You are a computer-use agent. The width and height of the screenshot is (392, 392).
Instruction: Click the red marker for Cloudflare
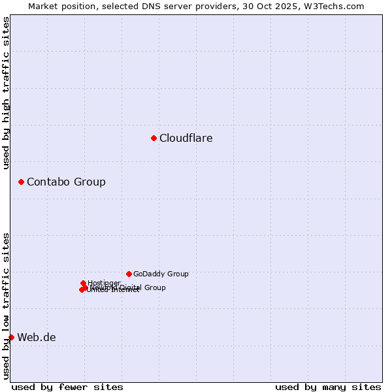pyautogui.click(x=154, y=138)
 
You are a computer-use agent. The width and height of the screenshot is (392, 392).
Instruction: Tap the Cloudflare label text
pyautogui.click(x=186, y=139)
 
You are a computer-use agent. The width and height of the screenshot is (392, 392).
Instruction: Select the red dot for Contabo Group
pyautogui.click(x=21, y=182)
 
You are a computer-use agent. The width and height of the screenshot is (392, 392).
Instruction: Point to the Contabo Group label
pyautogui.click(x=66, y=182)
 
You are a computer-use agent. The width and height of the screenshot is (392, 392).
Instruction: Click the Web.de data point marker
pyautogui.click(x=11, y=337)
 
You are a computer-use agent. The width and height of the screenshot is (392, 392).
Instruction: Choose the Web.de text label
pyautogui.click(x=37, y=338)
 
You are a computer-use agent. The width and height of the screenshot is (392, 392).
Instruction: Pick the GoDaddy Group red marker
pyautogui.click(x=129, y=274)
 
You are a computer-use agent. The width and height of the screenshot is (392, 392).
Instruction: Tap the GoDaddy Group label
pyautogui.click(x=161, y=274)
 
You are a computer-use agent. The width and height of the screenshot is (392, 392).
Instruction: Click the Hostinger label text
pyautogui.click(x=105, y=283)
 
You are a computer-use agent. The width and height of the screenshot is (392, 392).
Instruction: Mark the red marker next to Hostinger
pyautogui.click(x=83, y=283)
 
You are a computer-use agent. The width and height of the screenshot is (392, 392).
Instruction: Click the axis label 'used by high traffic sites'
pyautogui.click(x=7, y=93)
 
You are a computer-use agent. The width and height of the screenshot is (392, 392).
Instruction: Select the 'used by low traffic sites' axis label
pyautogui.click(x=7, y=306)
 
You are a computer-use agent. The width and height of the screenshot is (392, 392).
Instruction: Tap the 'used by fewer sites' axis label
pyautogui.click(x=67, y=387)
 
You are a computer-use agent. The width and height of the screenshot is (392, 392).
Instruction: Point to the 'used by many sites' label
pyautogui.click(x=328, y=387)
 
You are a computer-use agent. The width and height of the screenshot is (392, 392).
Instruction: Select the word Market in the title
pyautogui.click(x=42, y=6)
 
